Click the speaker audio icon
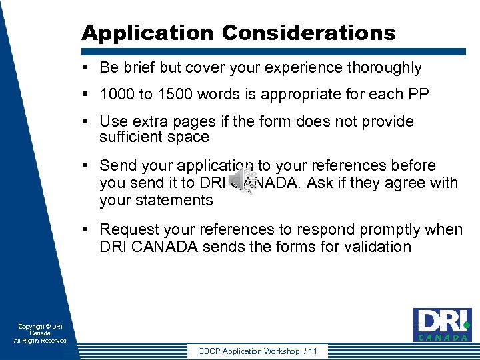click(242, 181)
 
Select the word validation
click(379, 247)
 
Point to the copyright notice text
click(40, 333)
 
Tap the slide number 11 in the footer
click(313, 351)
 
